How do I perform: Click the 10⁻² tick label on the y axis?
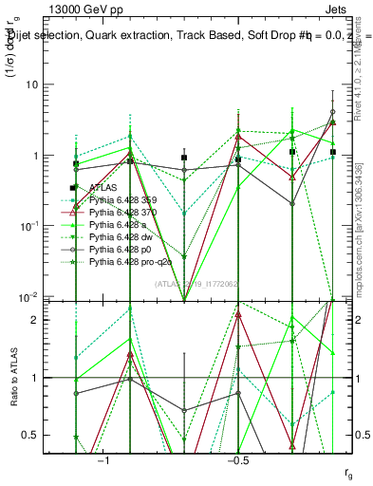[42, 297]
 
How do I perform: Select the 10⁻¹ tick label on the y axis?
[42, 226]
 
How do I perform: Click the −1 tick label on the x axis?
[104, 458]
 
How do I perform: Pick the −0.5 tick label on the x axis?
[237, 458]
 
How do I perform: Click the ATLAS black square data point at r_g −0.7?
[184, 158]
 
